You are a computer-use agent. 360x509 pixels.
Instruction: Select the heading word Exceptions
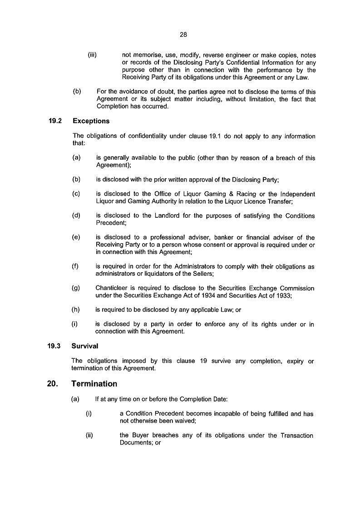point(90,121)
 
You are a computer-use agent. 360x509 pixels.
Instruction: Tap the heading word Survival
point(85,346)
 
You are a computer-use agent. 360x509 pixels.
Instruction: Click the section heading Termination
point(94,384)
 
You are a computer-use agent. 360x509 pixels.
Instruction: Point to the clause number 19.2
point(54,121)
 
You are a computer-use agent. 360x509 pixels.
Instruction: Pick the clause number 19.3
point(54,346)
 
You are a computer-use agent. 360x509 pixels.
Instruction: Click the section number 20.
point(52,384)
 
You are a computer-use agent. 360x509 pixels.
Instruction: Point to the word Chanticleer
point(113,289)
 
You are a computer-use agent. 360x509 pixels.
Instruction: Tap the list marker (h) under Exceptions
point(76,310)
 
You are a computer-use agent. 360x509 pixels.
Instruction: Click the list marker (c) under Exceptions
point(76,194)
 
